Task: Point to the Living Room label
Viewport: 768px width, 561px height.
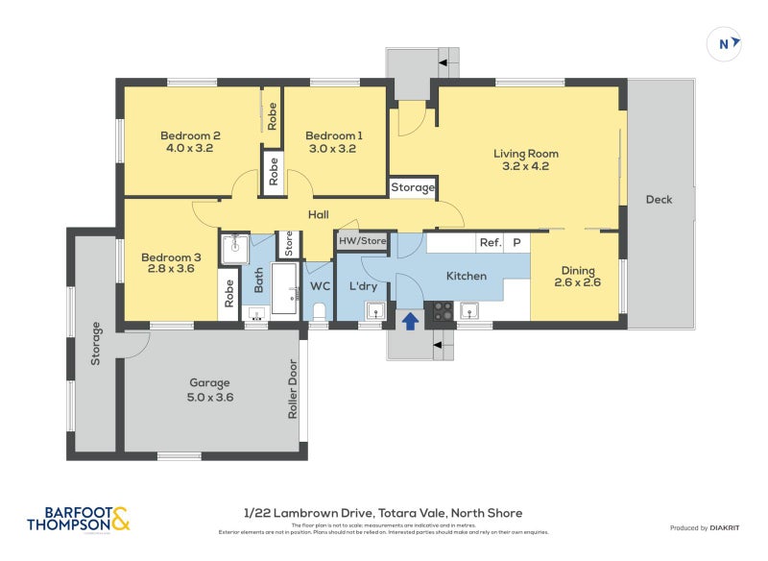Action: tap(525, 159)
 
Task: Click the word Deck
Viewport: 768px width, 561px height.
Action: tap(659, 200)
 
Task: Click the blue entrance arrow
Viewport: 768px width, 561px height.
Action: tap(410, 320)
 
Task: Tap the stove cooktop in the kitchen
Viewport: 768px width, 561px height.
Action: tap(441, 310)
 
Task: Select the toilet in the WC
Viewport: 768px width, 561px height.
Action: tap(320, 310)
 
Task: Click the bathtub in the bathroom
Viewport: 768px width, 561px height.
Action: tap(286, 288)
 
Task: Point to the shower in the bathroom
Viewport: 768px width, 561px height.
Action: tap(233, 250)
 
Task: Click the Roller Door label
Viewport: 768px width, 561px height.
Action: tap(293, 389)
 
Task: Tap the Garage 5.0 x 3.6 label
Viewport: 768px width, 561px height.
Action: tap(210, 390)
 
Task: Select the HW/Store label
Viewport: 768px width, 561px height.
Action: tap(362, 241)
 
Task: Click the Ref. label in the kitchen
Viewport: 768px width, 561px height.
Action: tap(490, 243)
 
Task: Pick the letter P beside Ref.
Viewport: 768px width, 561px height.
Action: tap(516, 243)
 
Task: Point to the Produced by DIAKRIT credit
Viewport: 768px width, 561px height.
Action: tap(708, 527)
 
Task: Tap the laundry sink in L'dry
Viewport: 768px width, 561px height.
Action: tap(375, 310)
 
